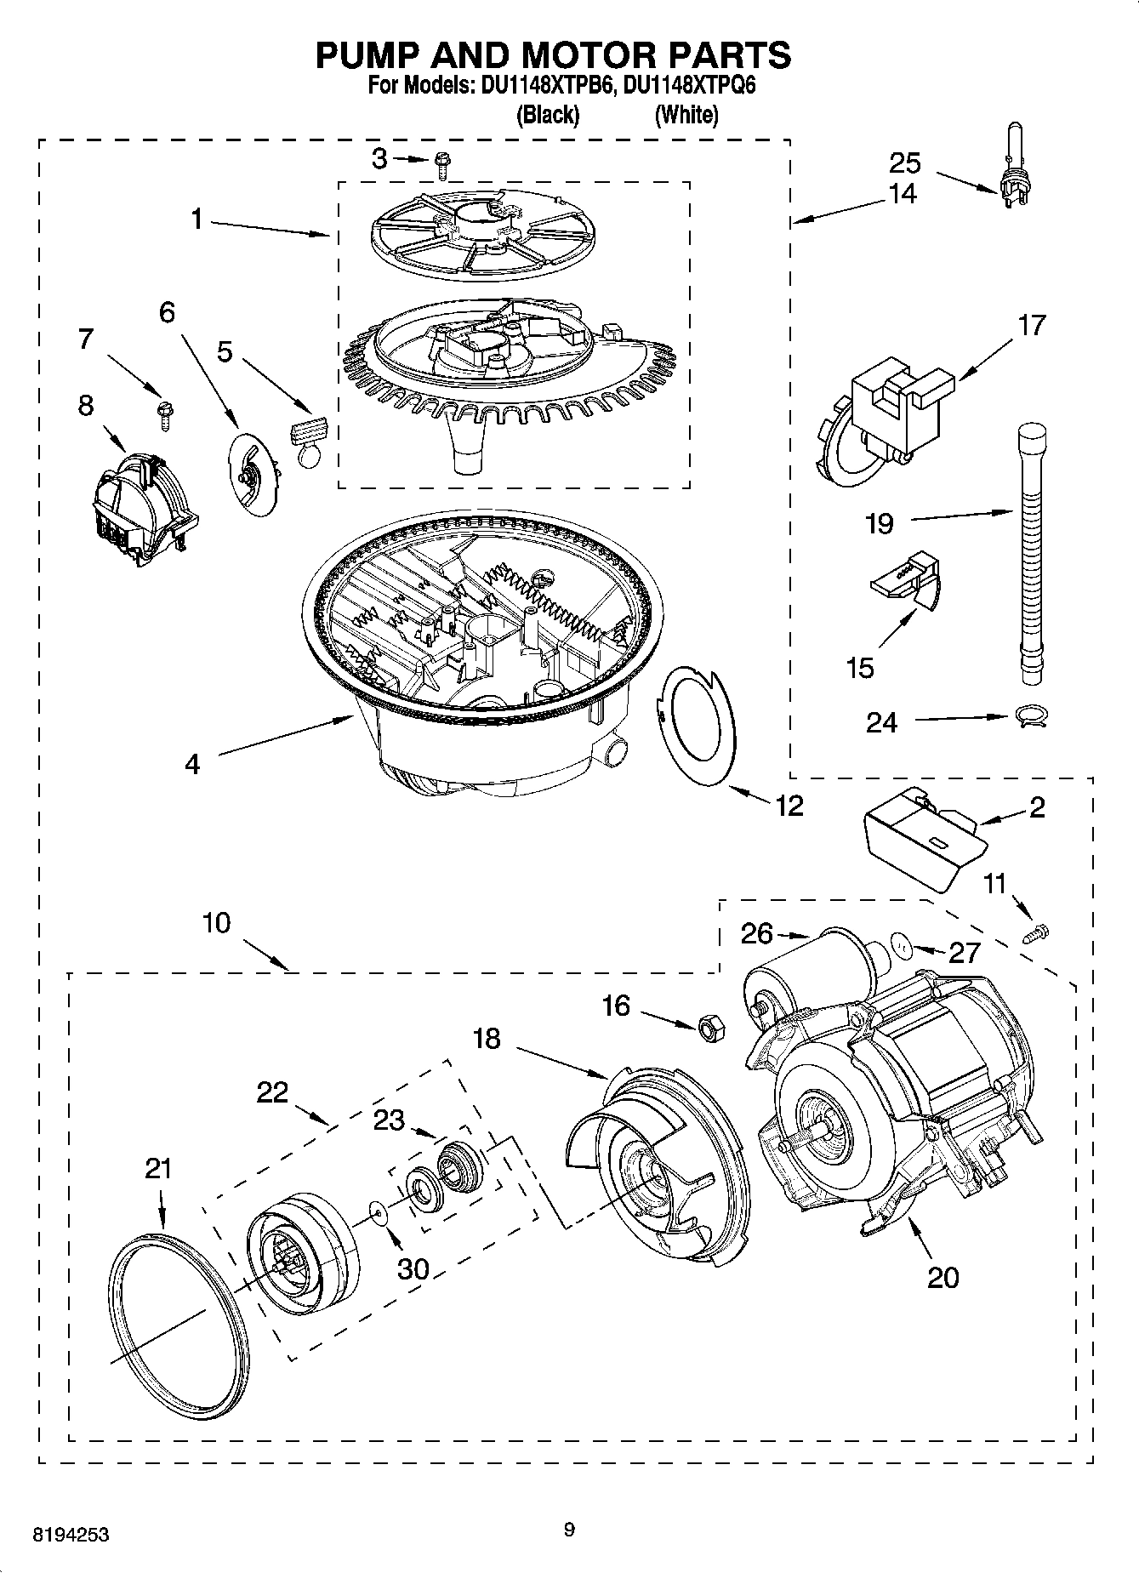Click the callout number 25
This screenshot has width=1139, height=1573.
point(905,162)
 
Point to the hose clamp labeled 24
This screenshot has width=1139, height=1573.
point(1031,716)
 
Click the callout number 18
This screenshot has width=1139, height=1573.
point(487,1039)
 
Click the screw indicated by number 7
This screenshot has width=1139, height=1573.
point(162,413)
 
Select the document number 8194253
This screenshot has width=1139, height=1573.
point(70,1536)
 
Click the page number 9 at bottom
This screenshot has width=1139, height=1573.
point(569,1530)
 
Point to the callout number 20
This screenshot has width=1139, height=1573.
point(943,1277)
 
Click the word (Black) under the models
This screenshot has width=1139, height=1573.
point(548,115)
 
